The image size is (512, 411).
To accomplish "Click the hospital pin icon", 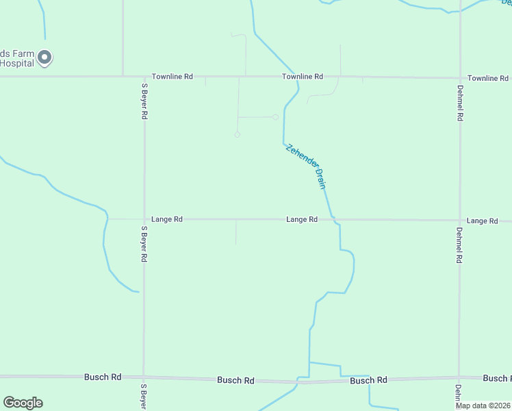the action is (44, 58).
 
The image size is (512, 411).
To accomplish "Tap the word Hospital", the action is (16, 63).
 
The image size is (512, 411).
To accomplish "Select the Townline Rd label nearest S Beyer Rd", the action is (172, 77).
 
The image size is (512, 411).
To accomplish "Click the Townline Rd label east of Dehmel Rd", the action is (488, 78).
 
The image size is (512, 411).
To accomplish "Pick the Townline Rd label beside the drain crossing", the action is (303, 77).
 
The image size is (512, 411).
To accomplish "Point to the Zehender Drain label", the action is (305, 166).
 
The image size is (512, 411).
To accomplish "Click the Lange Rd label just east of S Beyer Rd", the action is (167, 219).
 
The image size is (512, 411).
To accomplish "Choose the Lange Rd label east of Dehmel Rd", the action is (482, 221).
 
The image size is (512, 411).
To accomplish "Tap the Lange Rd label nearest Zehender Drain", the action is (302, 219).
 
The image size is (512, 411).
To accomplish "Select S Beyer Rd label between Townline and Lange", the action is (144, 101).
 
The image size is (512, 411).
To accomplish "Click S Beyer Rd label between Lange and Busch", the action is (144, 245).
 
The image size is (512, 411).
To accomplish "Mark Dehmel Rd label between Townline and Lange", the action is (460, 103).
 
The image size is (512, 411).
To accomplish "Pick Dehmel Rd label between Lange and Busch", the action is (460, 246).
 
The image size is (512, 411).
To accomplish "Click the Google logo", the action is (23, 403).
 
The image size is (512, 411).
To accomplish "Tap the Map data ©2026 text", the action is (483, 406).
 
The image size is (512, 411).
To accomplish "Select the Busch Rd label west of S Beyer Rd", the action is (103, 377).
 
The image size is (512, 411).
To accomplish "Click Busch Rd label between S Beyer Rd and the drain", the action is (235, 380).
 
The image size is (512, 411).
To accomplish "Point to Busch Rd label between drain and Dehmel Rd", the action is (368, 380).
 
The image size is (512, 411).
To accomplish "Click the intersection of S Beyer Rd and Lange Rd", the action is (144, 219).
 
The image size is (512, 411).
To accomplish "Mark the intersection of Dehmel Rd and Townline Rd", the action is (460, 77).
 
